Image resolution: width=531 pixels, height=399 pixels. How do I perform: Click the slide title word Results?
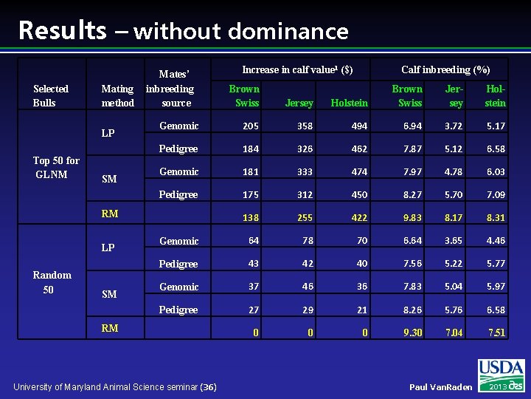click(x=62, y=30)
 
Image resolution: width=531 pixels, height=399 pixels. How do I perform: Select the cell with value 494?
click(x=359, y=126)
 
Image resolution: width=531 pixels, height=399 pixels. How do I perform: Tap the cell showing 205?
click(x=250, y=126)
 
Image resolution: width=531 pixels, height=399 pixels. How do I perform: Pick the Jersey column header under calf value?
click(x=299, y=103)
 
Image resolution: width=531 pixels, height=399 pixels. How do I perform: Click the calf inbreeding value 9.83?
click(x=413, y=218)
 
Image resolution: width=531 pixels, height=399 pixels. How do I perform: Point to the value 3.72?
click(x=454, y=126)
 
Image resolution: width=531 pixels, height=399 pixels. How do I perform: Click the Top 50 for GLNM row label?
click(x=57, y=167)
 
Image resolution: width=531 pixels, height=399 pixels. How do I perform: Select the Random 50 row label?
click(x=52, y=282)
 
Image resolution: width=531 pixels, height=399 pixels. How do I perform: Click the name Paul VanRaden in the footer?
click(x=440, y=387)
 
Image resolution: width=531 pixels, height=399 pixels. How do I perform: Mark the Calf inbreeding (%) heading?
click(x=445, y=69)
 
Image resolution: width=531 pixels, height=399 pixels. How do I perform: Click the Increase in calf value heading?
click(x=297, y=69)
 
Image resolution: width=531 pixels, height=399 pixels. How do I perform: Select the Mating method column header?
click(x=117, y=95)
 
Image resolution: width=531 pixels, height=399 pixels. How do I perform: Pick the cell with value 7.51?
click(x=496, y=332)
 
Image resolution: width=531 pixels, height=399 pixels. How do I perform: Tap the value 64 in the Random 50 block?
click(x=254, y=241)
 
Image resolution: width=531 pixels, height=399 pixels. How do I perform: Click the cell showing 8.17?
click(x=454, y=218)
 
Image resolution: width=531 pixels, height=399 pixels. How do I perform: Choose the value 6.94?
click(x=413, y=126)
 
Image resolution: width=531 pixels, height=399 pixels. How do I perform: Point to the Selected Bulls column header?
click(x=50, y=95)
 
